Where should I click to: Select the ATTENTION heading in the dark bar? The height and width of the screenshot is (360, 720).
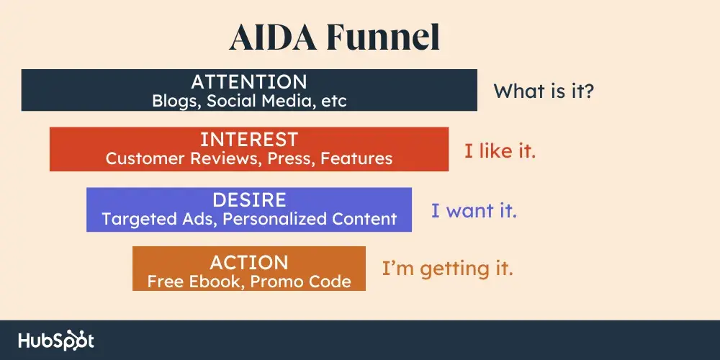tap(249, 81)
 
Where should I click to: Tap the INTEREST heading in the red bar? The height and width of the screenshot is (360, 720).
tap(249, 139)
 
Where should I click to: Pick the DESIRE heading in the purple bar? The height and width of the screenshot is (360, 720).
tap(249, 199)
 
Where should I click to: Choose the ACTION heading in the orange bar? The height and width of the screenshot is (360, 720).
tap(249, 262)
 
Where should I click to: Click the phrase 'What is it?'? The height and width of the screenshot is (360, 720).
tap(544, 91)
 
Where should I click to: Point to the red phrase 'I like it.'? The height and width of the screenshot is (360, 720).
tap(500, 151)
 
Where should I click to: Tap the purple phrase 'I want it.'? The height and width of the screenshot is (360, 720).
tap(474, 212)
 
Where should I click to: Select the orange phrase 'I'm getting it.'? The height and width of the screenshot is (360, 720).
tap(447, 269)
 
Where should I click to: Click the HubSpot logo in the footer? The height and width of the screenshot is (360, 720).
tap(56, 341)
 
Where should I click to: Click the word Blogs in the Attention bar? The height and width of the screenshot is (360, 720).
tap(176, 101)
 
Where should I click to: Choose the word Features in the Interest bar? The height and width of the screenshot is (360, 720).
tap(357, 158)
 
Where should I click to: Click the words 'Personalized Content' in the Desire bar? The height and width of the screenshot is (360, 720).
tap(310, 219)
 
